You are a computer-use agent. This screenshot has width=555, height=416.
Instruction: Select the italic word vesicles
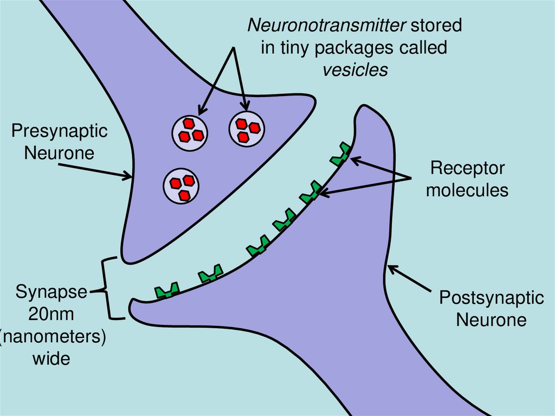coord(356,69)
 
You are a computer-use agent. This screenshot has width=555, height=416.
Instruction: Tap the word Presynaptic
coord(60,131)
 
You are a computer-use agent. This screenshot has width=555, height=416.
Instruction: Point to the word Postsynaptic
coord(491,298)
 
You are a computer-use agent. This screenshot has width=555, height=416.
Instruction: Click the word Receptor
coord(467,168)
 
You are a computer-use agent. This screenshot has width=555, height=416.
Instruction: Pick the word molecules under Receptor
coord(467,190)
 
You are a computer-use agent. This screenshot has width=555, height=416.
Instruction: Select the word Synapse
coord(51,292)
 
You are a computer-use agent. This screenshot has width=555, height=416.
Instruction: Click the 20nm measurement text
coord(52,314)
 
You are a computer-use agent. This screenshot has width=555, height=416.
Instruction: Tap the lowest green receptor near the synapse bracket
coord(167,291)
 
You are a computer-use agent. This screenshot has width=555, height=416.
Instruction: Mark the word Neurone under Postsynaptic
coord(491,319)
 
